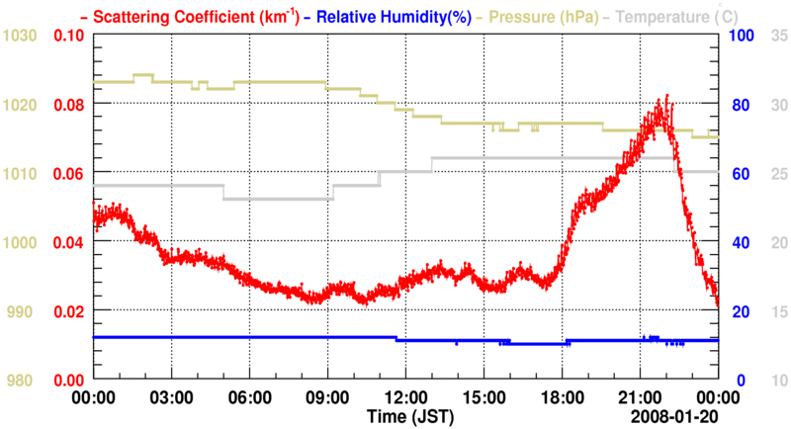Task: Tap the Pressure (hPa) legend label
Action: [x=550, y=15]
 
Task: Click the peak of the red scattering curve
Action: [x=668, y=97]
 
